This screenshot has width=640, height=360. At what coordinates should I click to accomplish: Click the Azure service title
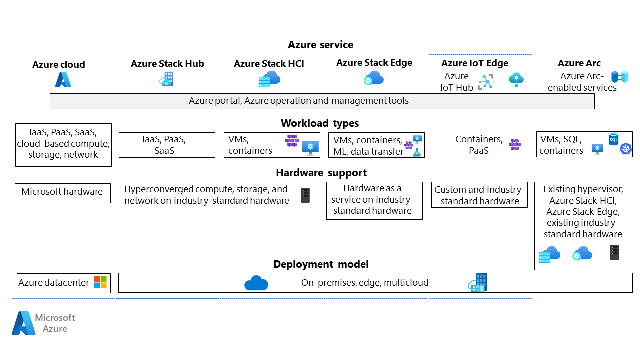pyautogui.click(x=320, y=45)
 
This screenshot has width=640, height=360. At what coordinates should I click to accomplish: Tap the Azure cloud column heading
pyautogui.click(x=59, y=64)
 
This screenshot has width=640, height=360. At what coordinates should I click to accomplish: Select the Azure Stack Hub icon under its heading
pyautogui.click(x=166, y=79)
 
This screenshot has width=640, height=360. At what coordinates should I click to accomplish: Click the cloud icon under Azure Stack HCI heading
pyautogui.click(x=269, y=79)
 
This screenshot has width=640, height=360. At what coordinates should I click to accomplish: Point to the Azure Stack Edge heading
pyautogui.click(x=374, y=63)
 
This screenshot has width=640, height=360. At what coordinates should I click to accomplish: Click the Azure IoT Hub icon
pyautogui.click(x=485, y=82)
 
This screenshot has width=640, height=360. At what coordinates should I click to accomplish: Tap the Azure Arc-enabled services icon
pyautogui.click(x=619, y=77)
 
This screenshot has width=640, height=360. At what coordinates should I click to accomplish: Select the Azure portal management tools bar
pyautogui.click(x=322, y=101)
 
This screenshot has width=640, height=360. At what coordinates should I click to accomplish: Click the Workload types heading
pyautogui.click(x=320, y=123)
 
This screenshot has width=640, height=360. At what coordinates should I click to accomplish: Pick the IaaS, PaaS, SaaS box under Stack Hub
pyautogui.click(x=167, y=145)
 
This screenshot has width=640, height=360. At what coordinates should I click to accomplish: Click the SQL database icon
pyautogui.click(x=613, y=139)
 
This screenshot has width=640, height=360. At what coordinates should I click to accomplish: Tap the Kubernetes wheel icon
pyautogui.click(x=625, y=149)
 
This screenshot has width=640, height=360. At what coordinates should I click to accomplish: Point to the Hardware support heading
pyautogui.click(x=321, y=173)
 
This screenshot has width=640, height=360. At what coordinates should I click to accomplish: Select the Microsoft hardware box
pyautogui.click(x=63, y=193)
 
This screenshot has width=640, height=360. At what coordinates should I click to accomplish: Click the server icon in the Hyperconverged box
pyautogui.click(x=305, y=195)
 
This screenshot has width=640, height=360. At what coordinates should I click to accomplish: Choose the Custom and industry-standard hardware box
pyautogui.click(x=479, y=195)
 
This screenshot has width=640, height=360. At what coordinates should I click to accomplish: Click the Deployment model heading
pyautogui.click(x=321, y=264)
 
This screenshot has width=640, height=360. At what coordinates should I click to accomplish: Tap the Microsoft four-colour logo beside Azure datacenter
pyautogui.click(x=100, y=282)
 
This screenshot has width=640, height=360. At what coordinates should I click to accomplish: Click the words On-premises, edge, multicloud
pyautogui.click(x=365, y=283)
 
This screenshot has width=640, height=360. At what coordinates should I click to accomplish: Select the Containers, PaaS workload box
pyautogui.click(x=480, y=145)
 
